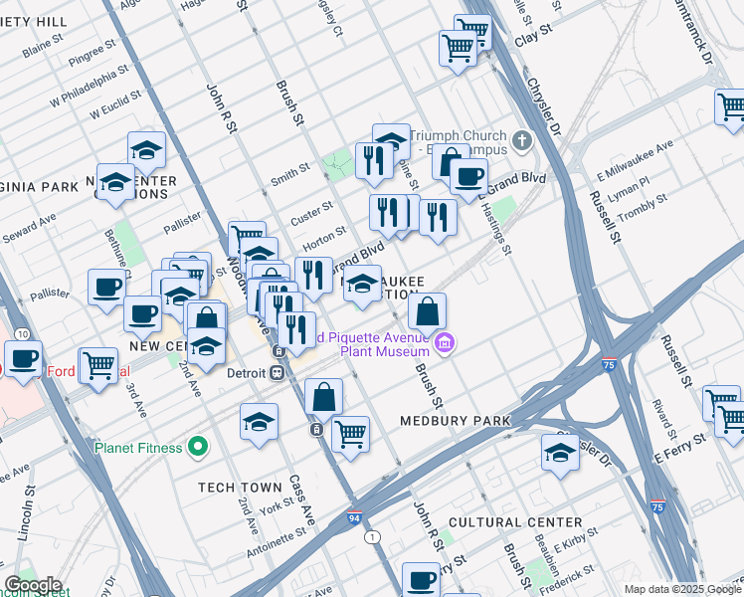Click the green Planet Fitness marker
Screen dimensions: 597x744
(x=199, y=447)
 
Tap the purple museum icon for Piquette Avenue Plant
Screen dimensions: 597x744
(x=445, y=344)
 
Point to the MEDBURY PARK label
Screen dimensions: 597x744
(x=455, y=421)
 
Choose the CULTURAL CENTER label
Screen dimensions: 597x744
(x=514, y=522)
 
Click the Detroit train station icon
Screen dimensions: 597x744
(x=279, y=373)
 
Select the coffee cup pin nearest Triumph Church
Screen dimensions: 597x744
(x=468, y=177)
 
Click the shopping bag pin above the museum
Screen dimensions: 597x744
(x=427, y=310)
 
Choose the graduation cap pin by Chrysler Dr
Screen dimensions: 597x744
(x=561, y=452)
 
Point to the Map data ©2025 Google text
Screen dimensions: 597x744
(x=681, y=589)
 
